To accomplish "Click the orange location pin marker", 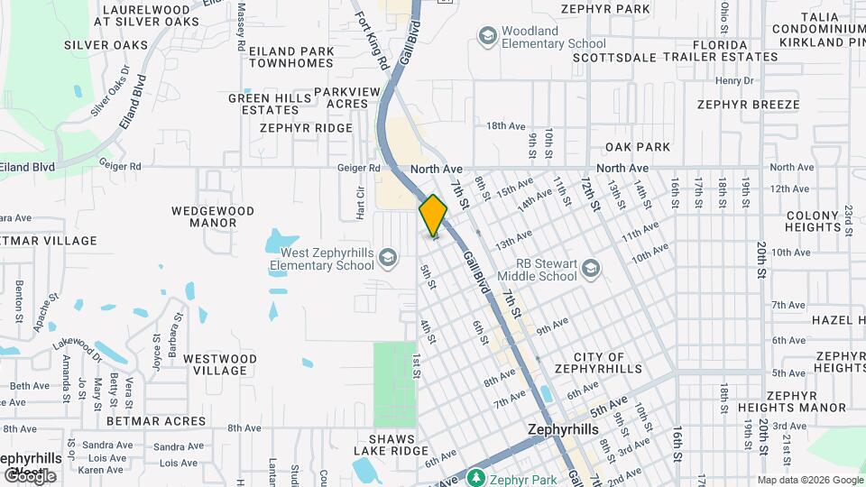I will coord(433,215).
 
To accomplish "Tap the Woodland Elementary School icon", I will coord(487,36).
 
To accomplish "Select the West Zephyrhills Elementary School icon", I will coord(387,259).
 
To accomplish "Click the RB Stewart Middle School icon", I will coord(590,269).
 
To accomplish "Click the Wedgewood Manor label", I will coord(213,216).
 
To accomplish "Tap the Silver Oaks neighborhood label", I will coord(106,44).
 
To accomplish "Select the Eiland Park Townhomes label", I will coord(286,57).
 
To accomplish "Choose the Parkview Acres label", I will coord(342,97).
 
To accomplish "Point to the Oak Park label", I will coord(638,147).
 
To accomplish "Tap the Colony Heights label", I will coord(813,221).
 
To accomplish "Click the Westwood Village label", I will coord(220,364).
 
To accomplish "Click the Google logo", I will coord(30,475).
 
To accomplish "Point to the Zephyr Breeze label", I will coord(748,105).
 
